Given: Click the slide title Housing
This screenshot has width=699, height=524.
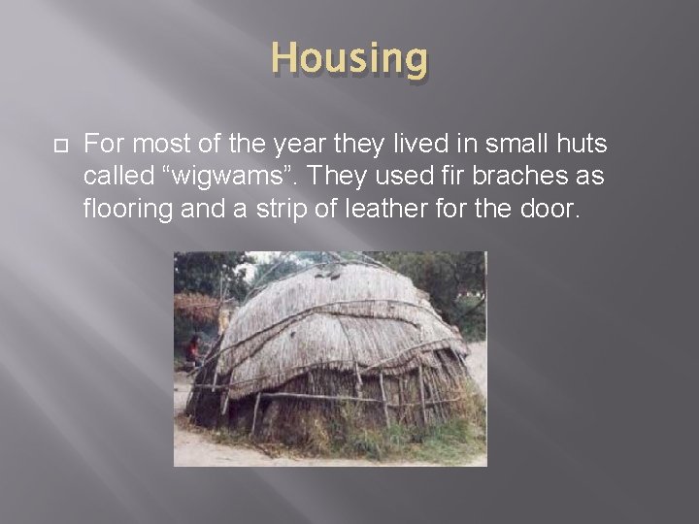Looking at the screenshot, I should pyautogui.click(x=349, y=59).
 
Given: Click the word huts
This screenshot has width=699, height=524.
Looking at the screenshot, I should pyautogui.click(x=580, y=146).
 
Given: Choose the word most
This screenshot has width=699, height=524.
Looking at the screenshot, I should pyautogui.click(x=155, y=146).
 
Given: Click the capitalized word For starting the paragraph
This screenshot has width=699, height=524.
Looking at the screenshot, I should pyautogui.click(x=104, y=146).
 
